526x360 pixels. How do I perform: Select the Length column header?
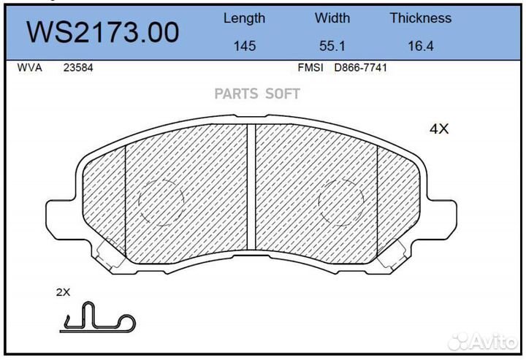[244, 18]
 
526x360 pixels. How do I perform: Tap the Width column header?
[332, 18]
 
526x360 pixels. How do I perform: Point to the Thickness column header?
[420, 18]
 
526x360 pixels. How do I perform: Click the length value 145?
[244, 46]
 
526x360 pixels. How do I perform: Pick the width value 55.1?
[332, 46]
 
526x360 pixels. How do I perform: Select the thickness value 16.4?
[420, 46]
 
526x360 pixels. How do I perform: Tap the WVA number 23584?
[77, 68]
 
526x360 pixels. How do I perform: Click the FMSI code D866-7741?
[360, 68]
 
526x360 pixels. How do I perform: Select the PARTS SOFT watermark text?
[256, 93]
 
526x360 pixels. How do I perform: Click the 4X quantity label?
[438, 129]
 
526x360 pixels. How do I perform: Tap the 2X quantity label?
[63, 292]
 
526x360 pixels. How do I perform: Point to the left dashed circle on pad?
[160, 199]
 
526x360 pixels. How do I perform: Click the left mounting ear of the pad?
[62, 212]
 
